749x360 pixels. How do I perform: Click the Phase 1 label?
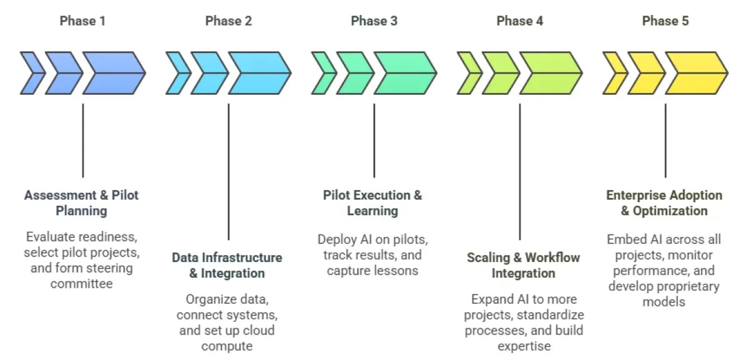coord(82,21)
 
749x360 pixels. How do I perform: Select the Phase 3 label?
coord(374,21)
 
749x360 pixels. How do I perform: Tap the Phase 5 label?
coord(665,21)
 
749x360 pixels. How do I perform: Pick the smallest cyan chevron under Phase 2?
coord(177,73)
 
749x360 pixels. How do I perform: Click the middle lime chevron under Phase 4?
coord(500,73)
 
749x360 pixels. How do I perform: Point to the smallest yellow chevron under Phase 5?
coord(614,73)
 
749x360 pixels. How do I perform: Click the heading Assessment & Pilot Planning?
coord(82,203)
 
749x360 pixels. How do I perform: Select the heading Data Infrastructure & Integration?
coord(227,265)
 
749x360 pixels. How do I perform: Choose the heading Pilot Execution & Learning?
coord(373,203)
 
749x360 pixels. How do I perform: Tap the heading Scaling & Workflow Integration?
coord(523,265)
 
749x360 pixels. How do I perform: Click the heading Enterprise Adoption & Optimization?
coord(664,203)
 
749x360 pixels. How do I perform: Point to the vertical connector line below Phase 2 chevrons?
coord(228,172)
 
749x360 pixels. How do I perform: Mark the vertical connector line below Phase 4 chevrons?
coord(520,172)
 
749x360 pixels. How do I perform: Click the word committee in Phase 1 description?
coord(81,285)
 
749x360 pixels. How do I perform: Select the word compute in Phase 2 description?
coord(227,346)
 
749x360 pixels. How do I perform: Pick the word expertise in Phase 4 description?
coord(523,346)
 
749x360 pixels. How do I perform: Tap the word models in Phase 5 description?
coord(664,302)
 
